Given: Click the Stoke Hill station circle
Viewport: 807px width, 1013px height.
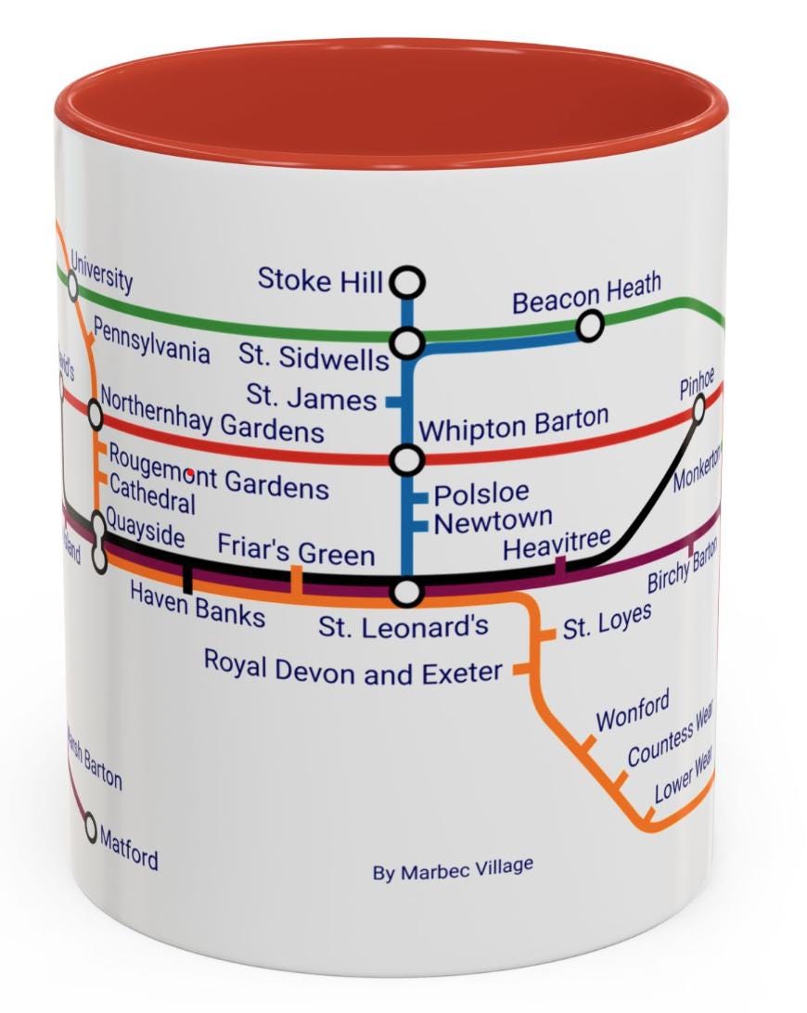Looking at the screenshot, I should pos(407,281).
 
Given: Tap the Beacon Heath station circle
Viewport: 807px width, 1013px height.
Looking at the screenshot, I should pos(589,327).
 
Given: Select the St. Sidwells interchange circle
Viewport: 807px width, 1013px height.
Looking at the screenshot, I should pos(407,343).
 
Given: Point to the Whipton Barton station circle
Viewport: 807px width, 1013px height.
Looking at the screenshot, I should pos(407,459).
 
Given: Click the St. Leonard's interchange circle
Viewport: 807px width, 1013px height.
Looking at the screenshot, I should pos(407,591).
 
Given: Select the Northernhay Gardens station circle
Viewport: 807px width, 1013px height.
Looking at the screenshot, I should pos(95,414).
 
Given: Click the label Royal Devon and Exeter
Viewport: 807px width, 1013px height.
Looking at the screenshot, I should pos(352,669).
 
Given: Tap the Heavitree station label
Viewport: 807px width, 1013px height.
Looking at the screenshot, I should pos(557,543).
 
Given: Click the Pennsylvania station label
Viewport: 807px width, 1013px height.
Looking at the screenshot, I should pos(151,342).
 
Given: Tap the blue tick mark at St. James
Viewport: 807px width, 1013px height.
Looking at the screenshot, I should pos(394,403).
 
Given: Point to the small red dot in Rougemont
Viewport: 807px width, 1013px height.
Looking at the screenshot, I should pos(190,474).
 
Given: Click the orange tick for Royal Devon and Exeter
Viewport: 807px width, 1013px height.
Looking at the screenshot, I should pos(522,668).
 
